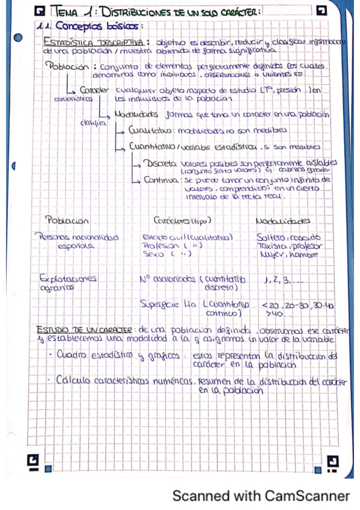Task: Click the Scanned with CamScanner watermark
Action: (x=261, y=496)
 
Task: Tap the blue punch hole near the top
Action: (x=18, y=38)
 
